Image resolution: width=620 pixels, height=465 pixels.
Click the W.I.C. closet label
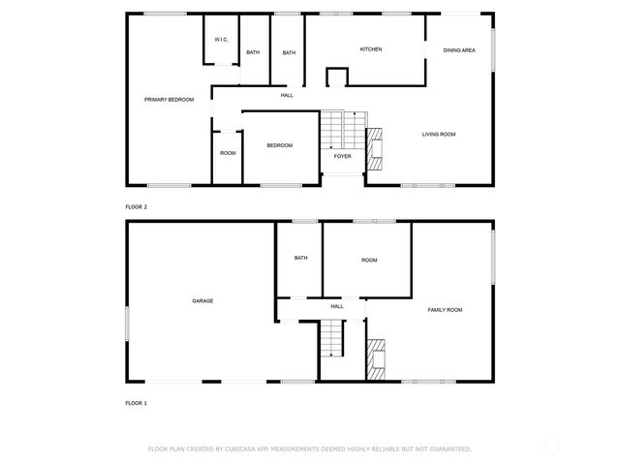click(221, 40)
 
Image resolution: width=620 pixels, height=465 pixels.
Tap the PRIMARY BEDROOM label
click(169, 100)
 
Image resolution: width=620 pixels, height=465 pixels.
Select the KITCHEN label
click(371, 49)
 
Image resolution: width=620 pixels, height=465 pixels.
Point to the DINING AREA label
click(458, 49)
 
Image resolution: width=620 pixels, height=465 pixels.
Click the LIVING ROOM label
click(439, 134)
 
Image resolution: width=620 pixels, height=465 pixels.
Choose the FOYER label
click(342, 156)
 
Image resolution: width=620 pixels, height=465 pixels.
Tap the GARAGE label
click(202, 301)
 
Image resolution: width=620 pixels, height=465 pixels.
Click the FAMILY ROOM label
click(445, 310)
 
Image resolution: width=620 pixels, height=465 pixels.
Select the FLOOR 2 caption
click(137, 206)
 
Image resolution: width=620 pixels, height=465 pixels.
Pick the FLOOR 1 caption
click(137, 402)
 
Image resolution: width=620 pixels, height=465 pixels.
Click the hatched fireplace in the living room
click(374, 145)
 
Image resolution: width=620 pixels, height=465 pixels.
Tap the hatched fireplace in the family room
click(375, 357)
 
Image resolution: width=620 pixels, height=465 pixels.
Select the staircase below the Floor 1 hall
click(332, 339)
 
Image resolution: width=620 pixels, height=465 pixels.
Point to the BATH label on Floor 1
click(300, 258)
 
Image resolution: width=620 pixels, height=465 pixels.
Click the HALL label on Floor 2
click(287, 95)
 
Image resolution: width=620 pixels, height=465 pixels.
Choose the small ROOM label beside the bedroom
click(228, 153)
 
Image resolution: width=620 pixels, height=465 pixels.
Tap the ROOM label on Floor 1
click(369, 260)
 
